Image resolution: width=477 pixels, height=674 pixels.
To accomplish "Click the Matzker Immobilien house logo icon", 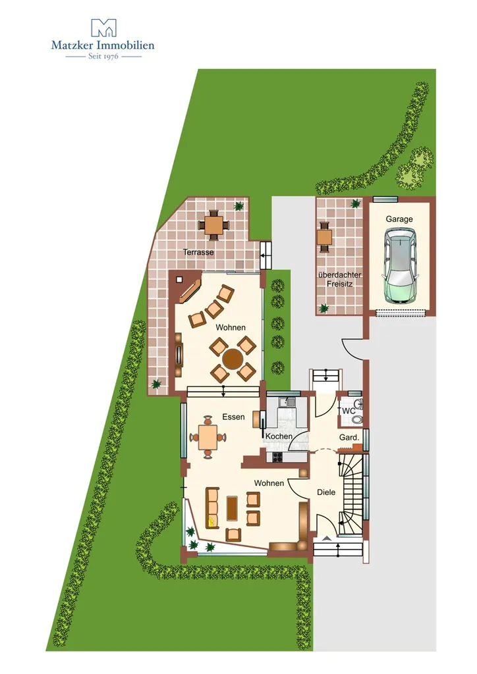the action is point(103,28).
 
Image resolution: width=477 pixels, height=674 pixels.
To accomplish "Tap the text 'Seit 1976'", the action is point(103,56).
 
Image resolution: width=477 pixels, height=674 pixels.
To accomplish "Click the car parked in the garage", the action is point(401,265).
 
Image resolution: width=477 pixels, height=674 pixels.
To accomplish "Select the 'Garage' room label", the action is point(399,219).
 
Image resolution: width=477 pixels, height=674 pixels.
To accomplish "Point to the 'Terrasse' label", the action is point(198,252).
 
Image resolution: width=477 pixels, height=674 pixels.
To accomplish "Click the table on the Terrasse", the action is point(213,225).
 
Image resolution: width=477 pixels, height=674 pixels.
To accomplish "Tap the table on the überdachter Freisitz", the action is point(324,236).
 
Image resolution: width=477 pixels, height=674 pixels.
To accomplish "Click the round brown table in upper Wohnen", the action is point(233,359).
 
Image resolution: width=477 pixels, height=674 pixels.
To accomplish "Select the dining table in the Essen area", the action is point(208,437).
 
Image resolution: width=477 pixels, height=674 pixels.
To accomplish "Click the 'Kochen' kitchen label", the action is point(279,436).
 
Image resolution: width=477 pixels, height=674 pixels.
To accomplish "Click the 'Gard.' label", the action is point(349,438).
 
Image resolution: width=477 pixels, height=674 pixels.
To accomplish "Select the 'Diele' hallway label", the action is point(326,492).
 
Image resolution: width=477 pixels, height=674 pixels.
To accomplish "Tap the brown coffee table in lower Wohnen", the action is point(233,507).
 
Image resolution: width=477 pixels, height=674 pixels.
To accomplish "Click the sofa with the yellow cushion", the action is point(212,507).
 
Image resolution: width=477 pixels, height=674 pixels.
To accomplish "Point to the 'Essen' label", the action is point(233,417).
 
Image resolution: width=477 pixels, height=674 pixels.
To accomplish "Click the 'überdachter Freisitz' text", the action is point(340,279).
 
